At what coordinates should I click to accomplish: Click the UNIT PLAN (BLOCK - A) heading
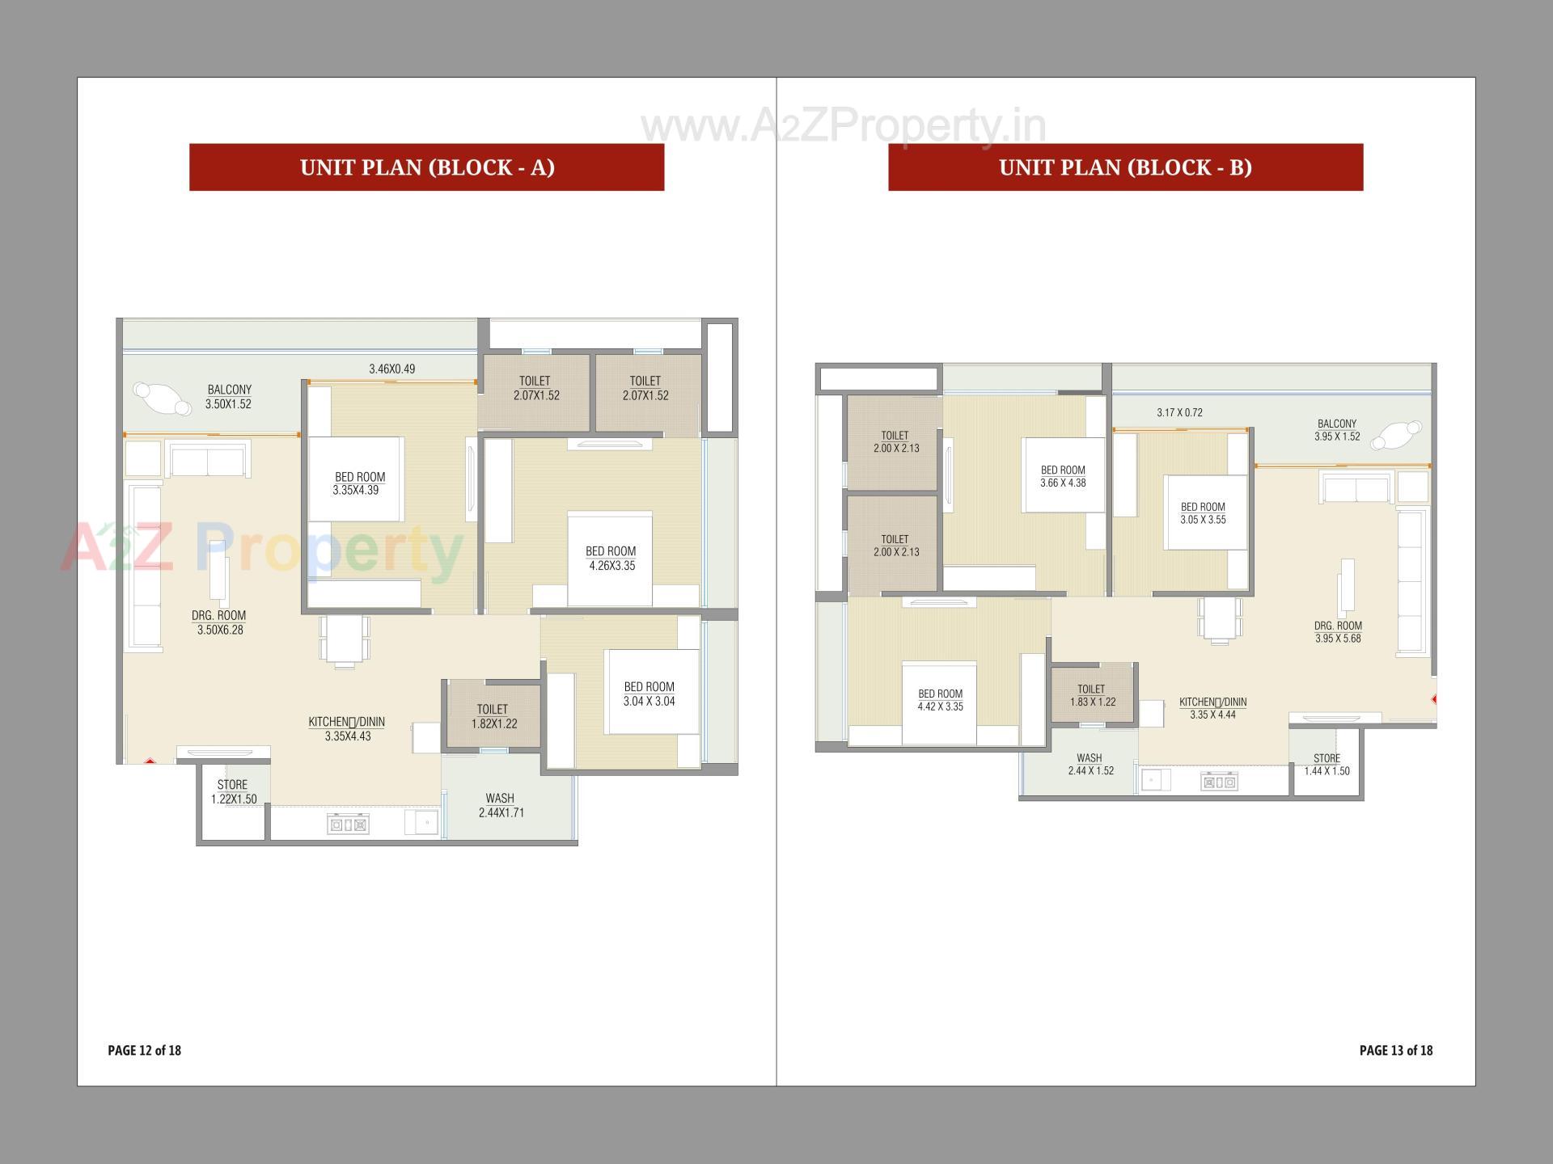[x=427, y=167]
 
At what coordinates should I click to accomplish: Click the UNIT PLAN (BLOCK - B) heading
[x=1125, y=167]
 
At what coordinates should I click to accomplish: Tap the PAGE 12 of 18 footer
[x=144, y=1050]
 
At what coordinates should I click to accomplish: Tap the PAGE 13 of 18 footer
[x=1395, y=1050]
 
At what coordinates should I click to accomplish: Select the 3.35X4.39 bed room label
[x=359, y=483]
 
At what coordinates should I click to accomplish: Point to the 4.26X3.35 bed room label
[x=611, y=559]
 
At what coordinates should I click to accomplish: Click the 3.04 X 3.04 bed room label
[x=649, y=694]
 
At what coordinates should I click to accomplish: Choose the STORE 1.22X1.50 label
[x=233, y=792]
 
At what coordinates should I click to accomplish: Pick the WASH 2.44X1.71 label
[x=501, y=806]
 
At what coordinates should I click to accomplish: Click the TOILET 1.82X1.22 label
[x=493, y=717]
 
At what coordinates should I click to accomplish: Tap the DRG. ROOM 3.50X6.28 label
[x=219, y=622]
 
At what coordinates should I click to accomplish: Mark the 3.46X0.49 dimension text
[x=392, y=369]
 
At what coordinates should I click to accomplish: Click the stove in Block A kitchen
[x=349, y=825]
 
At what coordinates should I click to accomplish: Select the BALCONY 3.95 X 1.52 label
[x=1337, y=430]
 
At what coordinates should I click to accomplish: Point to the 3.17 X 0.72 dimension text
[x=1179, y=413]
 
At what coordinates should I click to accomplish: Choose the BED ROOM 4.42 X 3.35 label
[x=940, y=700]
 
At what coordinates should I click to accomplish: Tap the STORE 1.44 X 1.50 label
[x=1327, y=765]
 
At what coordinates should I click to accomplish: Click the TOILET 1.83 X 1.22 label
[x=1092, y=696]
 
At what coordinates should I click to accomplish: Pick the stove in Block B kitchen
[x=1219, y=782]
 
